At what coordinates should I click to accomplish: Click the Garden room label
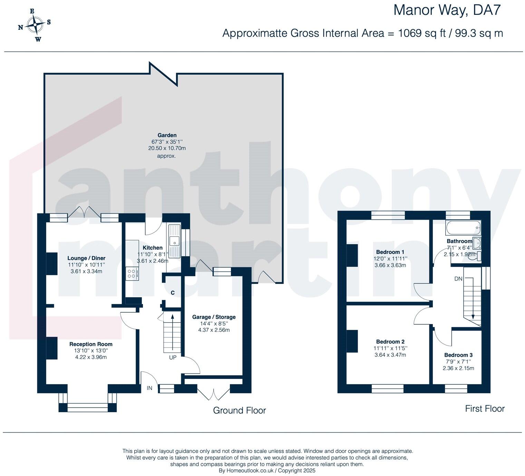167,135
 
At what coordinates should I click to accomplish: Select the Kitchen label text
153,248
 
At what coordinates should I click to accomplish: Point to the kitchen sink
174,241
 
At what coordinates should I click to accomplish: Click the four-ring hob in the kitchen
132,274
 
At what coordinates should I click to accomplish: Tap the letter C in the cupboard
173,293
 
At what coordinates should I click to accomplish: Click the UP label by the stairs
173,357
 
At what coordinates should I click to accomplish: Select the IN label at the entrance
149,388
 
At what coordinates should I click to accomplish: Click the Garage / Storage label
214,317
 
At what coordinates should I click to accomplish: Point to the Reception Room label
91,344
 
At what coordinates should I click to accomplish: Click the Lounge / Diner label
86,258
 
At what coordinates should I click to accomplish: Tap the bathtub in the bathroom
463,228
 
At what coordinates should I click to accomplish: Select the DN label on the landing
458,279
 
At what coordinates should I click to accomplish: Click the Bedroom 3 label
458,355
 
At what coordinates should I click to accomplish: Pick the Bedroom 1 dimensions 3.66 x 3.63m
390,265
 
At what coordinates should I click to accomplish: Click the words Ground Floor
240,410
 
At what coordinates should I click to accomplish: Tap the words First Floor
485,409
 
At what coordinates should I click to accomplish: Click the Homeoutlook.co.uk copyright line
267,470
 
